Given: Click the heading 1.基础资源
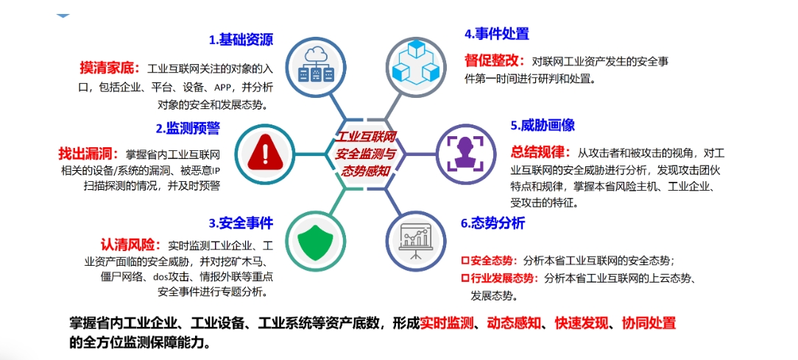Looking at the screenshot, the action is tap(241, 40).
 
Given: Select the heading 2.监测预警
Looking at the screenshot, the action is tap(188, 128).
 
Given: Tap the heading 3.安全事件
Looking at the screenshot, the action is tap(241, 222).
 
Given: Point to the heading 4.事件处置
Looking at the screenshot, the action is tap(496, 34).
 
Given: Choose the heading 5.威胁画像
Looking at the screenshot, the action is tap(543, 124).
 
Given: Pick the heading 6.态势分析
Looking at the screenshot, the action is tap(492, 223).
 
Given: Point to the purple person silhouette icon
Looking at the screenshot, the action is tap(466, 152).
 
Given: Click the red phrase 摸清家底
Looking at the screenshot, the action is tap(109, 67).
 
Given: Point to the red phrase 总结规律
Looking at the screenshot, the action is tap(540, 152).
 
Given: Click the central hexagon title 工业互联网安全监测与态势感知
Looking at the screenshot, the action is tap(366, 153).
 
